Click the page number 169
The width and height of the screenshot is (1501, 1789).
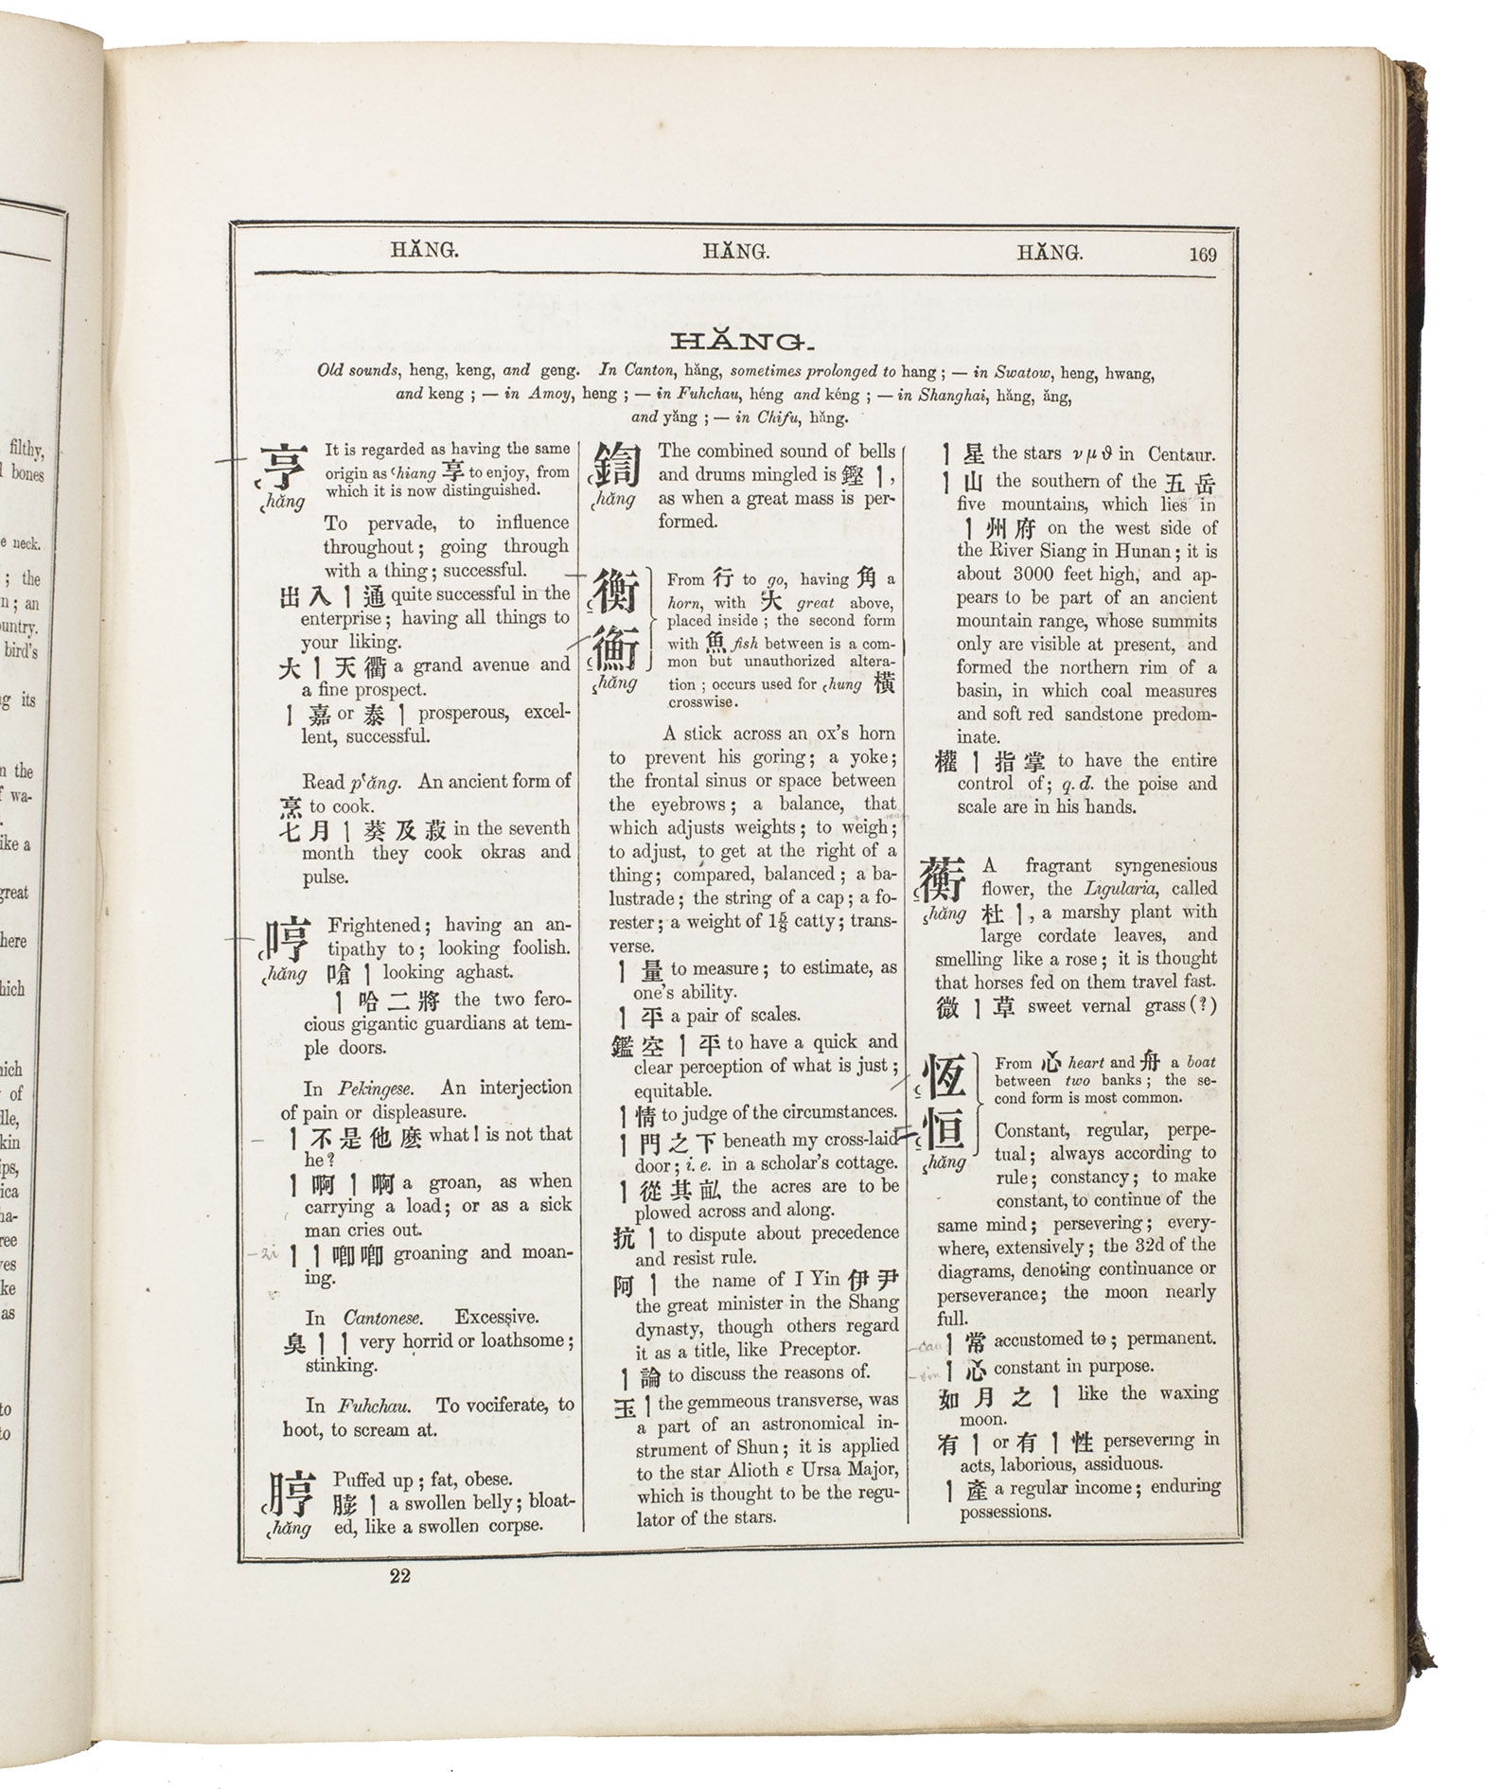pos(1203,254)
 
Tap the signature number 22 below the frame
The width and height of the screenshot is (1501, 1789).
pos(399,1576)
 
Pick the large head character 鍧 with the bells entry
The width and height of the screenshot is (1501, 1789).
pos(617,466)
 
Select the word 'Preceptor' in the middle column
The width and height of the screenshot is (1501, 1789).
pos(820,1350)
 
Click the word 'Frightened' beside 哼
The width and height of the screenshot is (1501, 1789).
pos(373,925)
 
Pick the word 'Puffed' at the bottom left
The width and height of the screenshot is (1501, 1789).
pos(359,1479)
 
